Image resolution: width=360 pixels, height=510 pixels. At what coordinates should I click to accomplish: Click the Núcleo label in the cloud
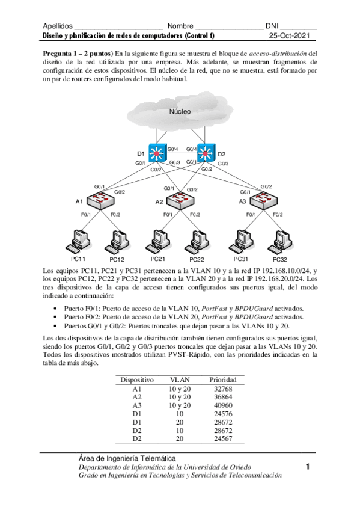180,112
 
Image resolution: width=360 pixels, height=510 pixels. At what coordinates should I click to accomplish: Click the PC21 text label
157,259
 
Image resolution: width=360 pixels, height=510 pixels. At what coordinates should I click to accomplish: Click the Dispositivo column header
137,380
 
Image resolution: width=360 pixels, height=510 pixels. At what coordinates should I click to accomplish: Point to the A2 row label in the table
137,397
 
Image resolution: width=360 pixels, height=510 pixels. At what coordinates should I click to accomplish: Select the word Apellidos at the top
58,26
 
